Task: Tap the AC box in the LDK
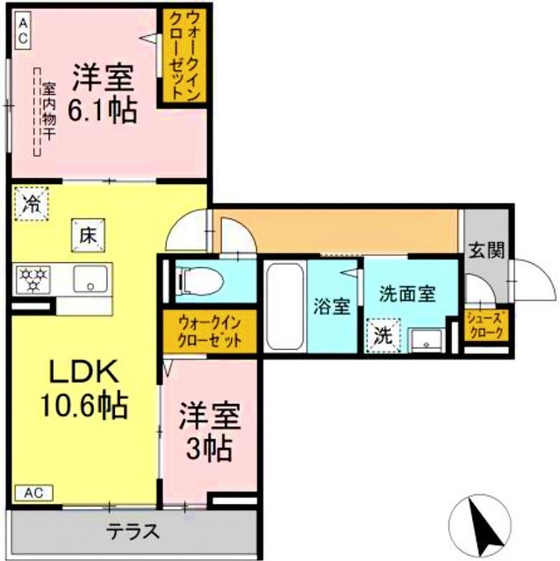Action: (x=31, y=493)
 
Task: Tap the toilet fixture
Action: (x=198, y=281)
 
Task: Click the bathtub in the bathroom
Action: (x=284, y=305)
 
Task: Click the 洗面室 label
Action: (x=407, y=294)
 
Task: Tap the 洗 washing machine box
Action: (x=384, y=335)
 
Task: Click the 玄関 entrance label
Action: (x=485, y=251)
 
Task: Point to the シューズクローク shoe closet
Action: (x=485, y=325)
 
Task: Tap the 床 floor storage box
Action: (x=88, y=235)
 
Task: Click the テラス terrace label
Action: (x=133, y=531)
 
